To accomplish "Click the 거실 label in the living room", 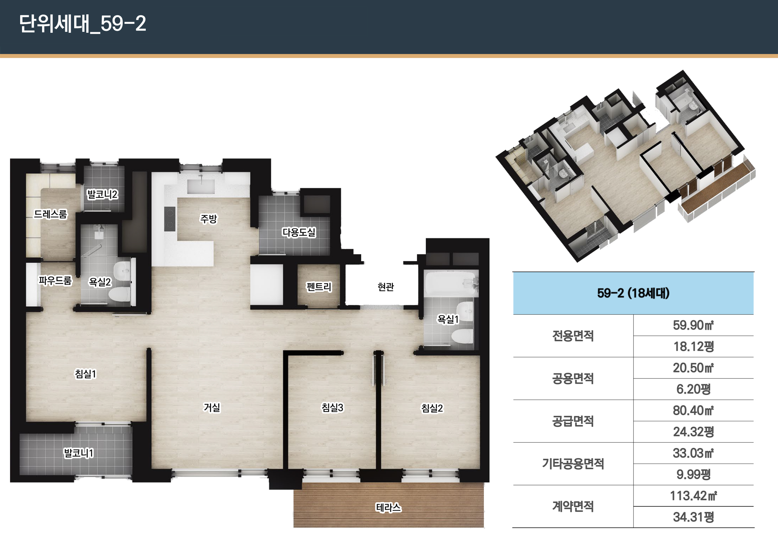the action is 212,407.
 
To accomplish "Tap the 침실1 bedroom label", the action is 85,374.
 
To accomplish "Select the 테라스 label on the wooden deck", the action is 388,507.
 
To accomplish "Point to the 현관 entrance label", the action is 386,287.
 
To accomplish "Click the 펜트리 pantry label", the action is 319,287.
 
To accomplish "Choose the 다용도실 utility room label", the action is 299,232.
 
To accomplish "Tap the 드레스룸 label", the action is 51,214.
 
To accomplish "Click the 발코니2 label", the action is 102,194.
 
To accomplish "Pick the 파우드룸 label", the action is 55,280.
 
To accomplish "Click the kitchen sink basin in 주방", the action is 201,187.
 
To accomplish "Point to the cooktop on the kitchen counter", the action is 169,219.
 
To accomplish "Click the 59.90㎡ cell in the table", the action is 693,325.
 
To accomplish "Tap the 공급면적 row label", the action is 573,421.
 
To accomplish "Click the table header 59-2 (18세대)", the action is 633,293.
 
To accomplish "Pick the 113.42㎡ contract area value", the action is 693,496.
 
